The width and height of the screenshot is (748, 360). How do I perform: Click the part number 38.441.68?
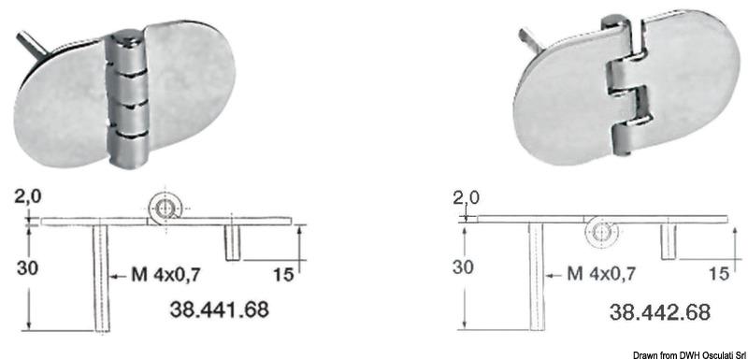pos(220,310)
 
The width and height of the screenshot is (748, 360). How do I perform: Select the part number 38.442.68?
pos(660,312)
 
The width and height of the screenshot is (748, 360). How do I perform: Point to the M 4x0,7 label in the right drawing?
pos(601,274)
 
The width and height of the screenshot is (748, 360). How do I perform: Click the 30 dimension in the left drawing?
pos(28,268)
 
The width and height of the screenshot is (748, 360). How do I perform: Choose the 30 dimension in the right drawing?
pos(464,267)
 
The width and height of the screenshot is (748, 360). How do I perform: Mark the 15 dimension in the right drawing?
pos(719,273)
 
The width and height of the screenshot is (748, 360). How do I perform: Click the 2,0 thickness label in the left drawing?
pos(28,197)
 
